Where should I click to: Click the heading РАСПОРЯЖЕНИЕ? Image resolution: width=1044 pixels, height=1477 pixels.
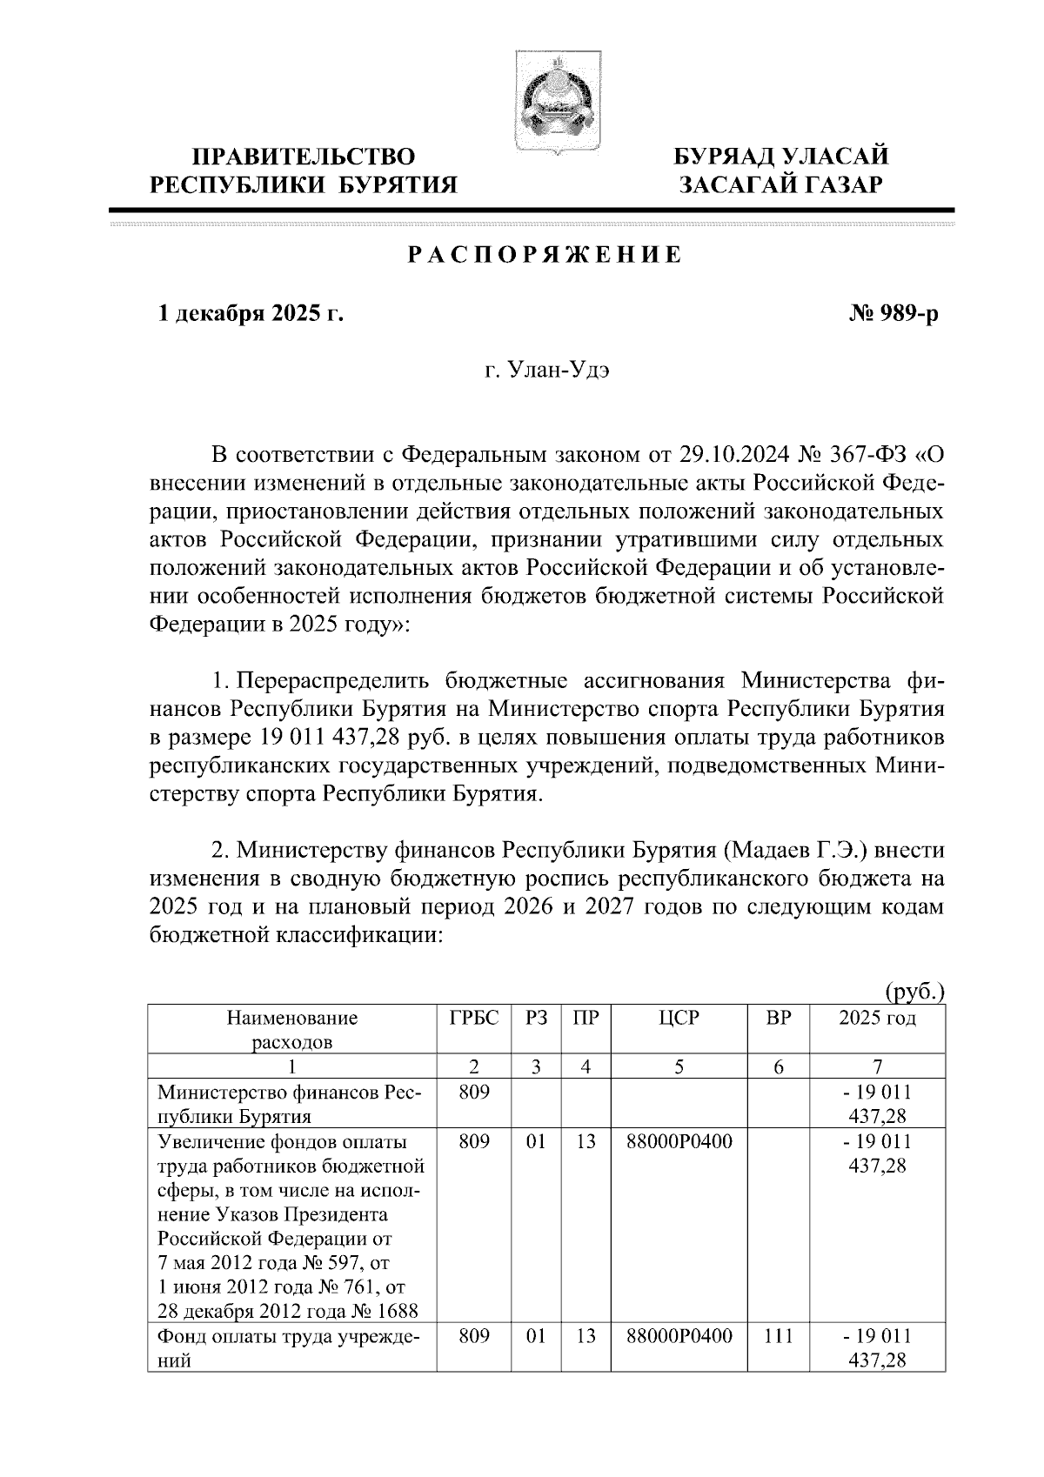545,256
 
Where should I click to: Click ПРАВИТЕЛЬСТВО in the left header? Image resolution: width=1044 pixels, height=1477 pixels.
304,157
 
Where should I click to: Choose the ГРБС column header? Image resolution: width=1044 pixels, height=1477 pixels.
474,1018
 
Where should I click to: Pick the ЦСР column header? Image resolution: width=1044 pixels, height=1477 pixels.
679,1018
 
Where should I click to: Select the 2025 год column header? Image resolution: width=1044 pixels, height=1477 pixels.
876,1018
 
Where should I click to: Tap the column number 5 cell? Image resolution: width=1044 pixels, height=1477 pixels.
679,1066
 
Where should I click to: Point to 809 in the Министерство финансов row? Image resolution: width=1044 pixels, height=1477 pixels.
474,1093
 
